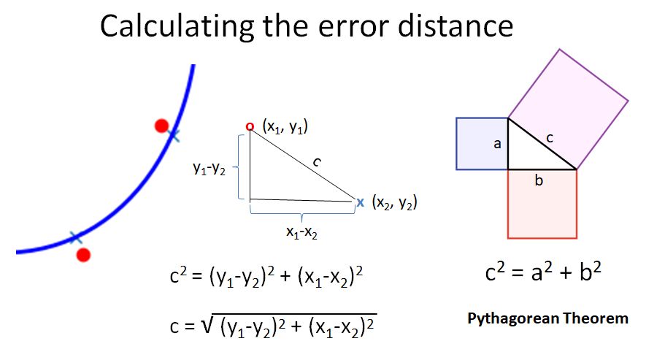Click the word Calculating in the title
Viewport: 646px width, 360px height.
click(x=172, y=26)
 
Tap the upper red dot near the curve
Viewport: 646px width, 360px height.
click(x=162, y=126)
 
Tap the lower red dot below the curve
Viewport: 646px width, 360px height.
click(x=83, y=254)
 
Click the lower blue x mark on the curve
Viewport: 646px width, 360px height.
click(x=74, y=237)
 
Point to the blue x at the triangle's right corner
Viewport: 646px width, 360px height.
click(x=360, y=202)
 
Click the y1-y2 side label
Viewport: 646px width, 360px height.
click(x=209, y=169)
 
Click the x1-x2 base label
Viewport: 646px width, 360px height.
click(x=301, y=231)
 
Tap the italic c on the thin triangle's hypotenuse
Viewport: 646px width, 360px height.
click(x=316, y=163)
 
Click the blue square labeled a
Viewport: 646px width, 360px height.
click(x=478, y=144)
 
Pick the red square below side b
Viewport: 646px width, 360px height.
click(x=542, y=208)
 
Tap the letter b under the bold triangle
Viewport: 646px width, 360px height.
click(x=539, y=180)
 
